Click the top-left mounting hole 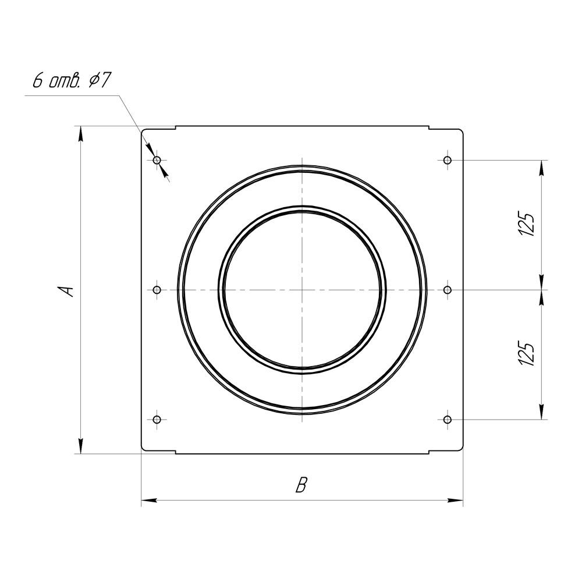(157, 161)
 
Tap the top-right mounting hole (448, 161)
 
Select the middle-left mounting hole (157, 289)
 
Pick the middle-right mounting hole (448, 289)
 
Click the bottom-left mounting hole (157, 420)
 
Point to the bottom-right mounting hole (448, 420)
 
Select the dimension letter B (301, 485)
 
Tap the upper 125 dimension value (527, 224)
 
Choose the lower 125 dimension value (527, 354)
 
